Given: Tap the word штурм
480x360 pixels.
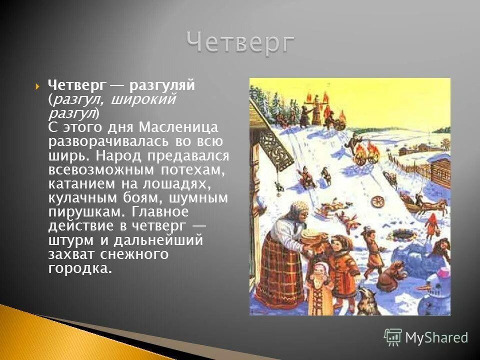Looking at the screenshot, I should tap(68, 240).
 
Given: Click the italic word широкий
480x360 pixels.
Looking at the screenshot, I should tap(142, 99).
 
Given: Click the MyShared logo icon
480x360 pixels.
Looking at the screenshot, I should tap(393, 337).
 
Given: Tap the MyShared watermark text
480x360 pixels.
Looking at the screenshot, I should tap(436, 338).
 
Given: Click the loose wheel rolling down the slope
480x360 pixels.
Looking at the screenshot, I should tap(377, 202).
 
